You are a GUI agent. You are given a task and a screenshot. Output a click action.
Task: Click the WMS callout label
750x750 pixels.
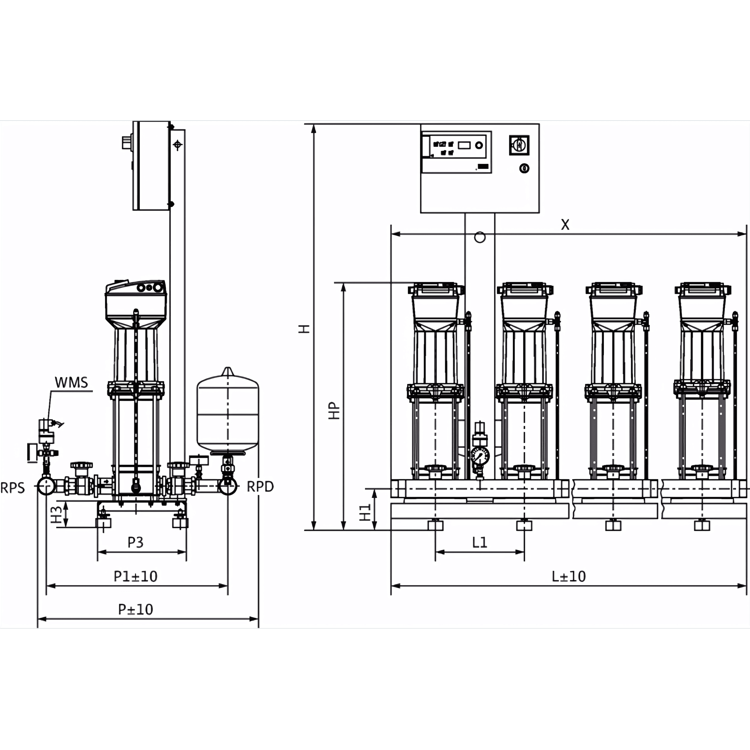pyautogui.click(x=71, y=382)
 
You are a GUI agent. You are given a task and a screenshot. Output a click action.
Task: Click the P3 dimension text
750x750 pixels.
pyautogui.click(x=135, y=542)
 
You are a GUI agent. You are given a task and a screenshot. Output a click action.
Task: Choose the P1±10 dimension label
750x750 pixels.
pyautogui.click(x=135, y=576)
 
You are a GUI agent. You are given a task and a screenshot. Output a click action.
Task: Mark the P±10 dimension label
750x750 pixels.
pyautogui.click(x=135, y=610)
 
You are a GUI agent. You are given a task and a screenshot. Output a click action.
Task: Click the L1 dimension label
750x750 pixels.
pyautogui.click(x=479, y=542)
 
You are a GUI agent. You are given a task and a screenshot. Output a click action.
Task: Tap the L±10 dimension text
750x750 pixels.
pyautogui.click(x=569, y=576)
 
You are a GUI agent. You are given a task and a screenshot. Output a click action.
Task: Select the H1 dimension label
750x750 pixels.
pyautogui.click(x=365, y=512)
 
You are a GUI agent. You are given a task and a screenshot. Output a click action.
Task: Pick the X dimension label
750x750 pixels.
pyautogui.click(x=565, y=224)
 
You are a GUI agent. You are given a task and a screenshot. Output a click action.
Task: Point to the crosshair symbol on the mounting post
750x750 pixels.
pyautogui.click(x=178, y=145)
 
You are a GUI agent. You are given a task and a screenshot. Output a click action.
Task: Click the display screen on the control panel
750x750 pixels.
pyautogui.click(x=464, y=145)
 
